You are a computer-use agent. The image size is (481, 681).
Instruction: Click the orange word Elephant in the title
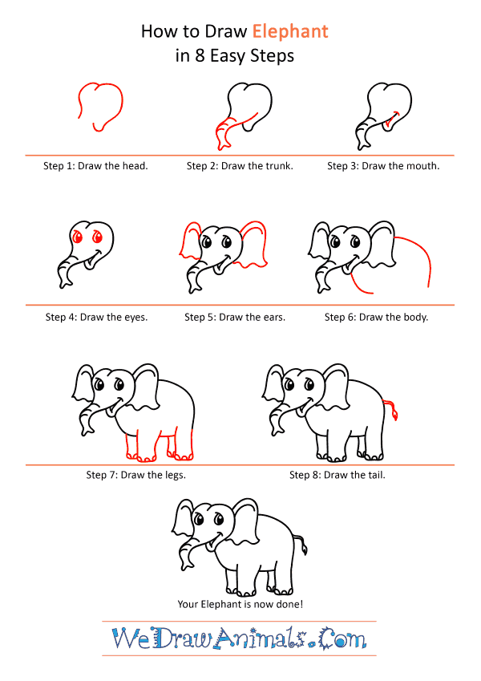[291, 31]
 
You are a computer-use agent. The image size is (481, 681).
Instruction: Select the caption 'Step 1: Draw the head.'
[95, 166]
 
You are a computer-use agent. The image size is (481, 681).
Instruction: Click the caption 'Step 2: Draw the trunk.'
[240, 166]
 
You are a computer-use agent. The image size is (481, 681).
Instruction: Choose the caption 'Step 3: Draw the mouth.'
[383, 166]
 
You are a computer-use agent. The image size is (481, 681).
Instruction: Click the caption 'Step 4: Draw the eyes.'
[96, 317]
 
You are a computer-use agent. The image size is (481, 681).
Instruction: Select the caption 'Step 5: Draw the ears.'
[235, 317]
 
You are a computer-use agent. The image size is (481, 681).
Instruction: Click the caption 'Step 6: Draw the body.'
[376, 317]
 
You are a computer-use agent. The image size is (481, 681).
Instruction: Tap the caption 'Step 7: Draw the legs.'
[136, 475]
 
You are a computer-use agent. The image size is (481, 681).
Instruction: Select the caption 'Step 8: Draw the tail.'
[338, 475]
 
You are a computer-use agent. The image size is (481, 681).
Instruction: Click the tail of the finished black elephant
[301, 545]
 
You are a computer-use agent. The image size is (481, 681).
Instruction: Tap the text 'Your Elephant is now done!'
[240, 604]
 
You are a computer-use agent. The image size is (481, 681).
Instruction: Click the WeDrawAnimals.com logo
[240, 638]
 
